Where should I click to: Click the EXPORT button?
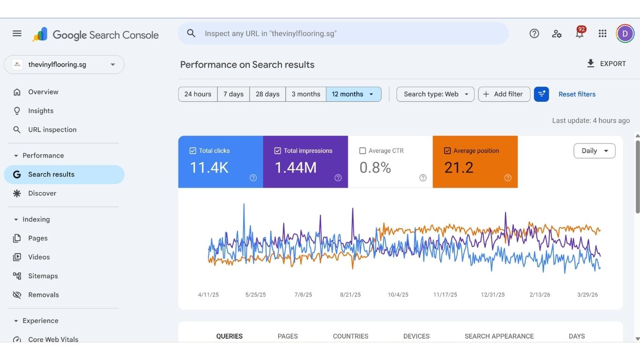(x=606, y=64)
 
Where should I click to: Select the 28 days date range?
(x=268, y=94)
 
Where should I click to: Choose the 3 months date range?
(x=306, y=94)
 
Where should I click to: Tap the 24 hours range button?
(x=198, y=94)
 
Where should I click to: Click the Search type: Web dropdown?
(x=435, y=94)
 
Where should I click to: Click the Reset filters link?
(x=577, y=94)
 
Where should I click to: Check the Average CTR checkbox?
(x=363, y=151)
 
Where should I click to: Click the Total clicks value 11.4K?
(x=209, y=167)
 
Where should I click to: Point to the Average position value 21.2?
(x=459, y=167)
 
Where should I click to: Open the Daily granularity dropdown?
(x=594, y=151)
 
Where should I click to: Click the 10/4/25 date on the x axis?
(x=398, y=295)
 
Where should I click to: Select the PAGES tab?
(x=288, y=336)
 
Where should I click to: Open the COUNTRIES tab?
(x=350, y=336)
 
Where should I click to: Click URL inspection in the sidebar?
(x=52, y=130)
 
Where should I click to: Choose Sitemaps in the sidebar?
(x=43, y=276)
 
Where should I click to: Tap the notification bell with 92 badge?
(x=580, y=34)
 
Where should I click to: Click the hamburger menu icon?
(x=17, y=33)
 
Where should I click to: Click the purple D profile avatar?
(x=625, y=34)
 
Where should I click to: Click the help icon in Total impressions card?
(x=338, y=178)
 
